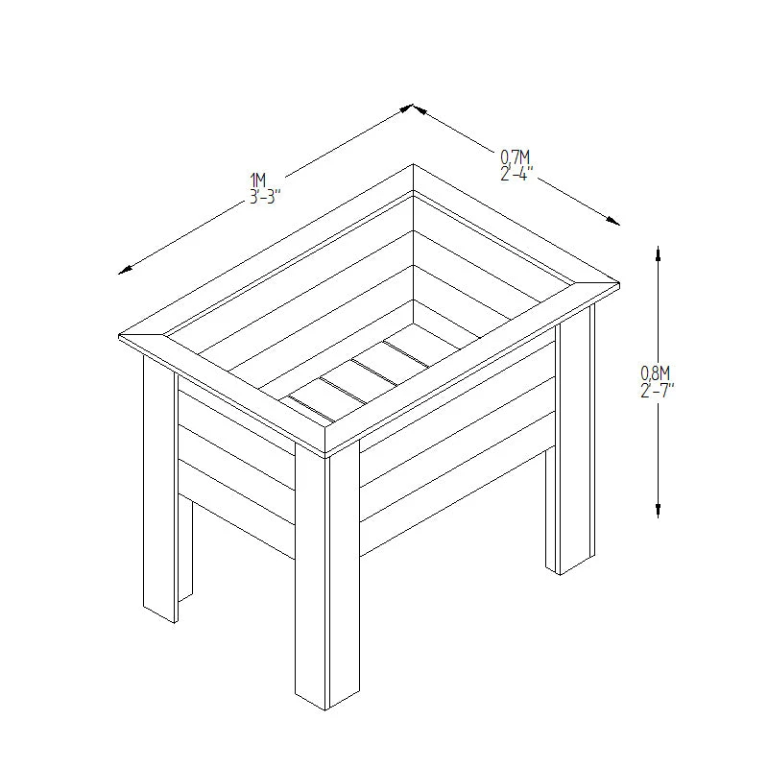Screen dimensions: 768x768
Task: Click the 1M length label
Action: pyautogui.click(x=257, y=180)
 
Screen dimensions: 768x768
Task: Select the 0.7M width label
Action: pyautogui.click(x=516, y=157)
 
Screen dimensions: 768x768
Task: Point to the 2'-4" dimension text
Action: pyautogui.click(x=516, y=174)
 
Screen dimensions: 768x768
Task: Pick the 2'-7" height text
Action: pyautogui.click(x=658, y=390)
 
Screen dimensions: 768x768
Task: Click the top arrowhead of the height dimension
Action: pyautogui.click(x=658, y=252)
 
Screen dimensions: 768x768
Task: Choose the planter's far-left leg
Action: pyautogui.click(x=159, y=490)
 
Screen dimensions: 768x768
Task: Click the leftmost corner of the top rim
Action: pyautogui.click(x=119, y=338)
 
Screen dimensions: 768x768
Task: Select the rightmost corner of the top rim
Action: pyautogui.click(x=618, y=284)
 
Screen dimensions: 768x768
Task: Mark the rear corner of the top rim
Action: pyautogui.click(x=413, y=165)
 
